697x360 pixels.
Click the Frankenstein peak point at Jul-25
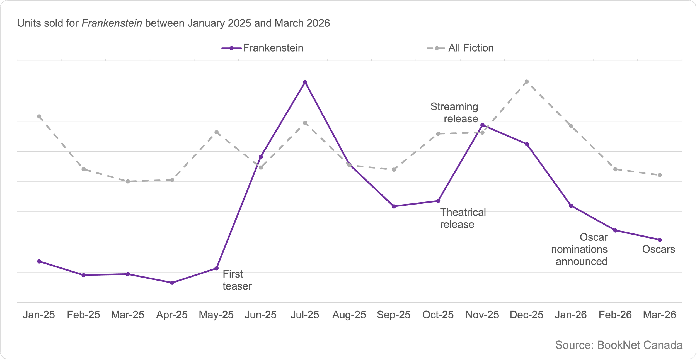305,82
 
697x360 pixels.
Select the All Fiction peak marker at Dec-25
527,82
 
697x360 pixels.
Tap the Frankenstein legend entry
263,48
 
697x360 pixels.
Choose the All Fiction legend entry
461,48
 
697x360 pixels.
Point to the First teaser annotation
237,280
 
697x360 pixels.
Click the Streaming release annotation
454,113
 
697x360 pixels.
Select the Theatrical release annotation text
463,218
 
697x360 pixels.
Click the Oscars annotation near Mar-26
659,249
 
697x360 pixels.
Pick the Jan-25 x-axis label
39,315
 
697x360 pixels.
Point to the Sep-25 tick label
393,315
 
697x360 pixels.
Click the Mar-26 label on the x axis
659,315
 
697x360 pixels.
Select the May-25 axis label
216,315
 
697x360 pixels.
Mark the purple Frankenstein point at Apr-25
172,283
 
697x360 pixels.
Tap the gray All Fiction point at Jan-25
39,116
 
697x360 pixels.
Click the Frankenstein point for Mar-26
660,240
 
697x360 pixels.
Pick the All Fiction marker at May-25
217,132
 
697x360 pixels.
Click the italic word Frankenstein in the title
112,23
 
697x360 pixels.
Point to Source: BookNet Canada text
619,345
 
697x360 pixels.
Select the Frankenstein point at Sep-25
394,206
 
